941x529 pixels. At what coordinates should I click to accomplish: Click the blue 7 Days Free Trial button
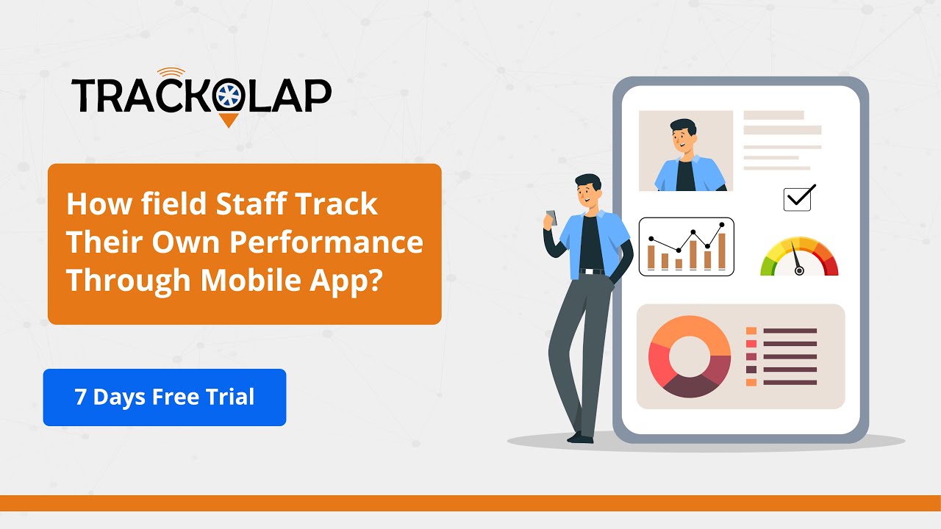click(x=164, y=397)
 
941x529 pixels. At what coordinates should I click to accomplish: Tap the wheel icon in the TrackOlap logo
click(x=229, y=97)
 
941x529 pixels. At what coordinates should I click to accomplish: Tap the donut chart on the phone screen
click(x=690, y=357)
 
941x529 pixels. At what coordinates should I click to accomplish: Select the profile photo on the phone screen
click(x=685, y=151)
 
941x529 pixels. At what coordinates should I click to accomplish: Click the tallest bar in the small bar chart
click(x=722, y=251)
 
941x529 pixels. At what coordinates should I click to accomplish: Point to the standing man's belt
click(x=592, y=271)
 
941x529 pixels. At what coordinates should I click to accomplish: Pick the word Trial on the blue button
click(x=231, y=397)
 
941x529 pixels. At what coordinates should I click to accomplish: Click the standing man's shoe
click(x=581, y=438)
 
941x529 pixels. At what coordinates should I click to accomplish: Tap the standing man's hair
click(x=589, y=181)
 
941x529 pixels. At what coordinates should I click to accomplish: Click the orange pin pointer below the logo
click(x=229, y=120)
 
